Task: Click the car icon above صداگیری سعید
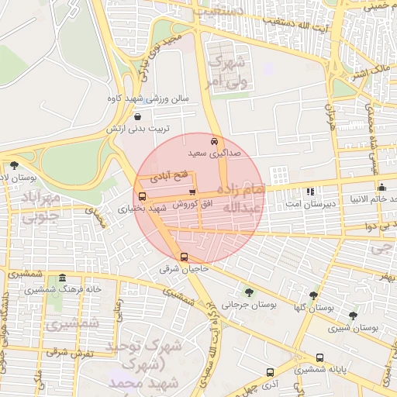(214, 141)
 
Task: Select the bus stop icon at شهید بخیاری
(141, 196)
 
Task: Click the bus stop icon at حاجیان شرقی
(184, 257)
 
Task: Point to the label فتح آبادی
(174, 178)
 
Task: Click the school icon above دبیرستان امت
(310, 191)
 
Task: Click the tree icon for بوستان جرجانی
(249, 292)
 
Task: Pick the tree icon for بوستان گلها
(313, 295)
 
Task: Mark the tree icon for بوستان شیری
(353, 316)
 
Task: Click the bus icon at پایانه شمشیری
(320, 358)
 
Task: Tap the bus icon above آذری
(270, 372)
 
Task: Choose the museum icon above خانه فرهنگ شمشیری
(62, 278)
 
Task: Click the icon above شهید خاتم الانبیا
(381, 187)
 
